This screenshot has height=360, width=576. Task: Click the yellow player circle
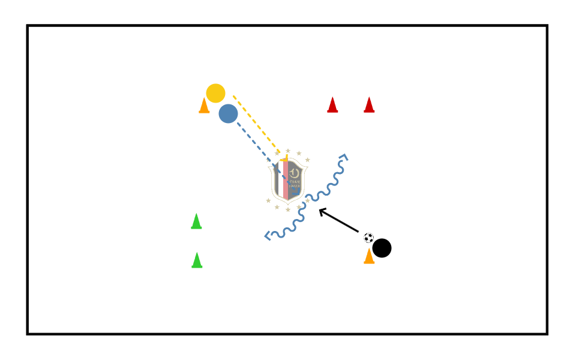(215, 93)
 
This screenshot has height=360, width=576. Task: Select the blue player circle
(228, 113)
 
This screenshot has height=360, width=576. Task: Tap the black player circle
(382, 248)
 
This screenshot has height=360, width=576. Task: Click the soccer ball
(368, 238)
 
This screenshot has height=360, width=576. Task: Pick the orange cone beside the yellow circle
(204, 106)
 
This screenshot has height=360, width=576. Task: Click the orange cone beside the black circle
(369, 256)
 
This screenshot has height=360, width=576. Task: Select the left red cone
(332, 105)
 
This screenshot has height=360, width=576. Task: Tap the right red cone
(369, 105)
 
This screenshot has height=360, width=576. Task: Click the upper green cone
(196, 221)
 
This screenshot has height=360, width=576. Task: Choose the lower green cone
(197, 260)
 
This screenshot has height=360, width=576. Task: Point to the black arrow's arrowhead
(322, 211)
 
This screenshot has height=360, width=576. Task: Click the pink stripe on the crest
(286, 180)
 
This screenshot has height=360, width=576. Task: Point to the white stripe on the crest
(281, 180)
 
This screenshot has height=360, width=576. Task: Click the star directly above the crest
(288, 151)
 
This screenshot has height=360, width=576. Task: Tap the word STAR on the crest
(294, 179)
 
